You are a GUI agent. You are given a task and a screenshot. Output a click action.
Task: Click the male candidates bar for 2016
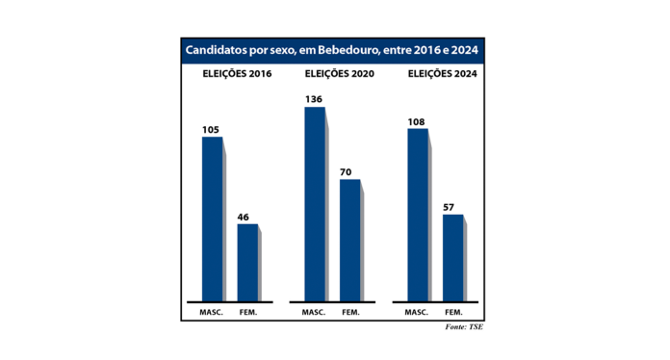(212, 219)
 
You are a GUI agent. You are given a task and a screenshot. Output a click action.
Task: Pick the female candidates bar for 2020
(349, 240)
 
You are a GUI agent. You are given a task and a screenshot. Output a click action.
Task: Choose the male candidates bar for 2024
(418, 215)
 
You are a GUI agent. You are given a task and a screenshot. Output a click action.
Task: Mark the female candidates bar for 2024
(452, 257)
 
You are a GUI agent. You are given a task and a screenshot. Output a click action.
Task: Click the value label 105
(211, 129)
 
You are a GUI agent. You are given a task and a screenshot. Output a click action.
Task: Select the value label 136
(314, 99)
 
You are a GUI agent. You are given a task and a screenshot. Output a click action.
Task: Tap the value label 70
(348, 172)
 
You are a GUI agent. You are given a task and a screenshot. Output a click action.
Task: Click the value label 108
(417, 121)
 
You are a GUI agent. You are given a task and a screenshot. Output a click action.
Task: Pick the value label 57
(451, 207)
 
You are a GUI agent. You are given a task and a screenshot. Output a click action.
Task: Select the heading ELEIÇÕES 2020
(332, 73)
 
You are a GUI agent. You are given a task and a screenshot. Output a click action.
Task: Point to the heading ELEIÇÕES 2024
(435, 73)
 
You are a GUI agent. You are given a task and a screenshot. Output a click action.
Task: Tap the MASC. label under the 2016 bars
(211, 313)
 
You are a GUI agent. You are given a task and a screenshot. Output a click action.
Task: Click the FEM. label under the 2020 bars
(350, 313)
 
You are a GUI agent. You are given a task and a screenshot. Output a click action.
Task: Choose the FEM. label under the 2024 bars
(453, 313)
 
